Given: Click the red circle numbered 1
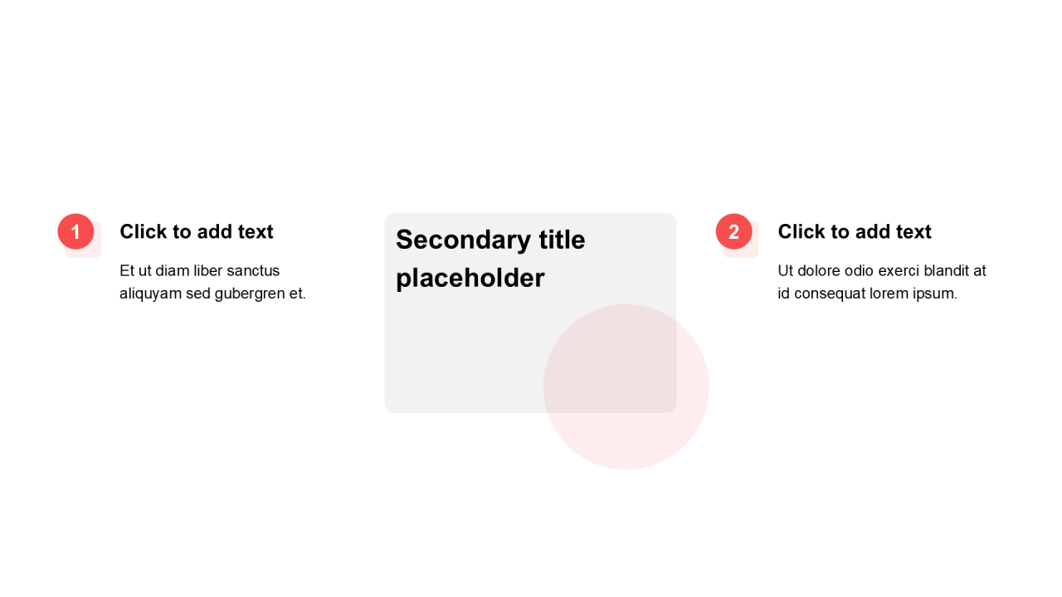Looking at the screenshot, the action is point(76,231).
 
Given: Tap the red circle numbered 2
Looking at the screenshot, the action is point(734,231).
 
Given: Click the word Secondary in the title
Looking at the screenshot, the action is point(463,240).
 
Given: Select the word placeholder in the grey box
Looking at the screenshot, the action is point(470,278).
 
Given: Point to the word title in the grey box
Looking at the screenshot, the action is point(563,240).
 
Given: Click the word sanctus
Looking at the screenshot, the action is point(253,270).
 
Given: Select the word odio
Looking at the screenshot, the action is point(859,270).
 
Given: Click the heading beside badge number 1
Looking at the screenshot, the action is point(197,231).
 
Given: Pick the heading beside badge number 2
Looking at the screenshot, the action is point(855,231).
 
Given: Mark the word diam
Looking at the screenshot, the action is point(172,270).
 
